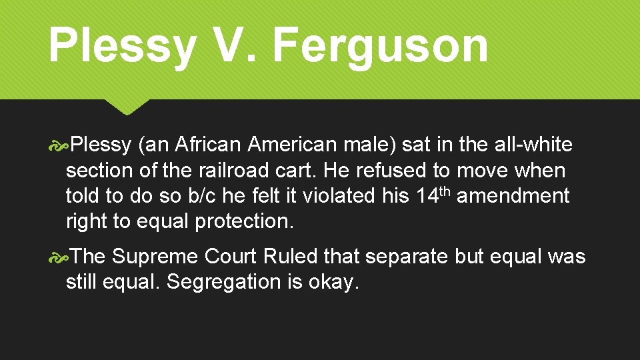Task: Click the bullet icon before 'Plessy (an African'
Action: pos(59,145)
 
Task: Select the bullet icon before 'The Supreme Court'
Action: pos(59,257)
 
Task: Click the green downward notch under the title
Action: pos(127,107)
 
